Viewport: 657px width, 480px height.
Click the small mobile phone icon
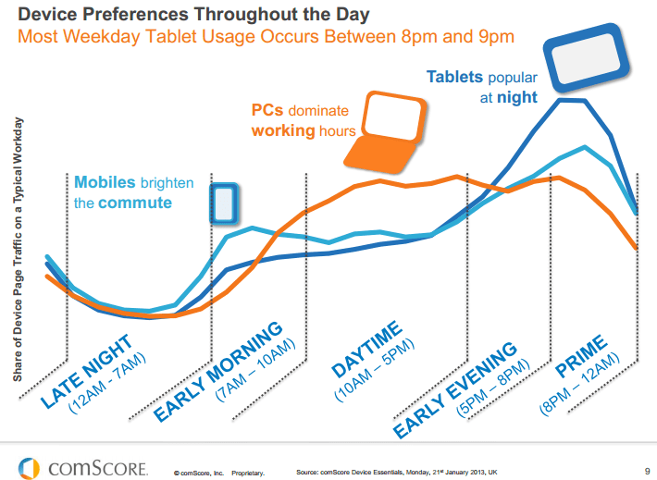tap(223, 203)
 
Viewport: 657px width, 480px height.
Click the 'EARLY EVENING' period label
tap(454, 389)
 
